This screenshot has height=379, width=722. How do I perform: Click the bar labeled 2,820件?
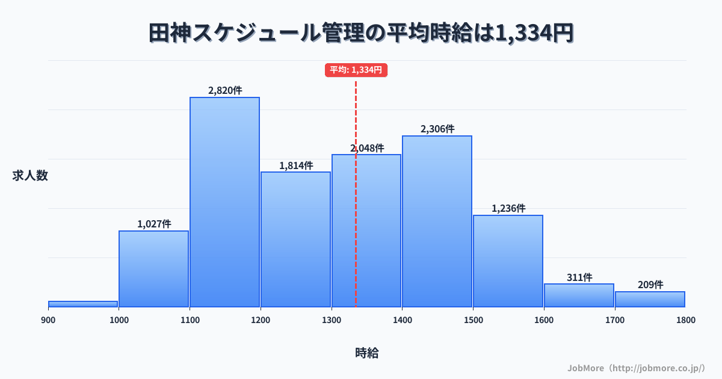click(224, 202)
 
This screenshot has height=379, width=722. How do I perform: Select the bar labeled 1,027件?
click(153, 268)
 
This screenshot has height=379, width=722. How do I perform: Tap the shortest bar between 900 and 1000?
click(83, 304)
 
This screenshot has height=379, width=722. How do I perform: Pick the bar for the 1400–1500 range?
click(437, 221)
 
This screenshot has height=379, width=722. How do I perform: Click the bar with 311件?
click(579, 295)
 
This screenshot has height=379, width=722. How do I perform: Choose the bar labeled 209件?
click(650, 299)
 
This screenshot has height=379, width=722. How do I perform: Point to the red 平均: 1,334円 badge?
click(356, 70)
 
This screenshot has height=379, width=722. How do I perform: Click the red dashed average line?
click(356, 241)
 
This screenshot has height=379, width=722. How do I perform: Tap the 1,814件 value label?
click(295, 165)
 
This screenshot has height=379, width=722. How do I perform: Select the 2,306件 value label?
click(437, 129)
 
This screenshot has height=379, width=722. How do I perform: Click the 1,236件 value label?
click(508, 208)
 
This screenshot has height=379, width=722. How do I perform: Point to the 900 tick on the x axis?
click(48, 320)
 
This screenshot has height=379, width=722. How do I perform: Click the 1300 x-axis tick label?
click(332, 320)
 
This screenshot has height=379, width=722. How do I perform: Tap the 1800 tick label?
click(685, 320)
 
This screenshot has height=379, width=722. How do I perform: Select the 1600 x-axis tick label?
click(543, 320)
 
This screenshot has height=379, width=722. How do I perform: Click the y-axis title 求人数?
click(30, 176)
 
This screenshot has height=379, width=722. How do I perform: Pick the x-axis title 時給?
click(366, 353)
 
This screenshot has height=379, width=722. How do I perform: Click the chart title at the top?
click(361, 33)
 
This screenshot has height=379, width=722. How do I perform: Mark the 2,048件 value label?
click(367, 148)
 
